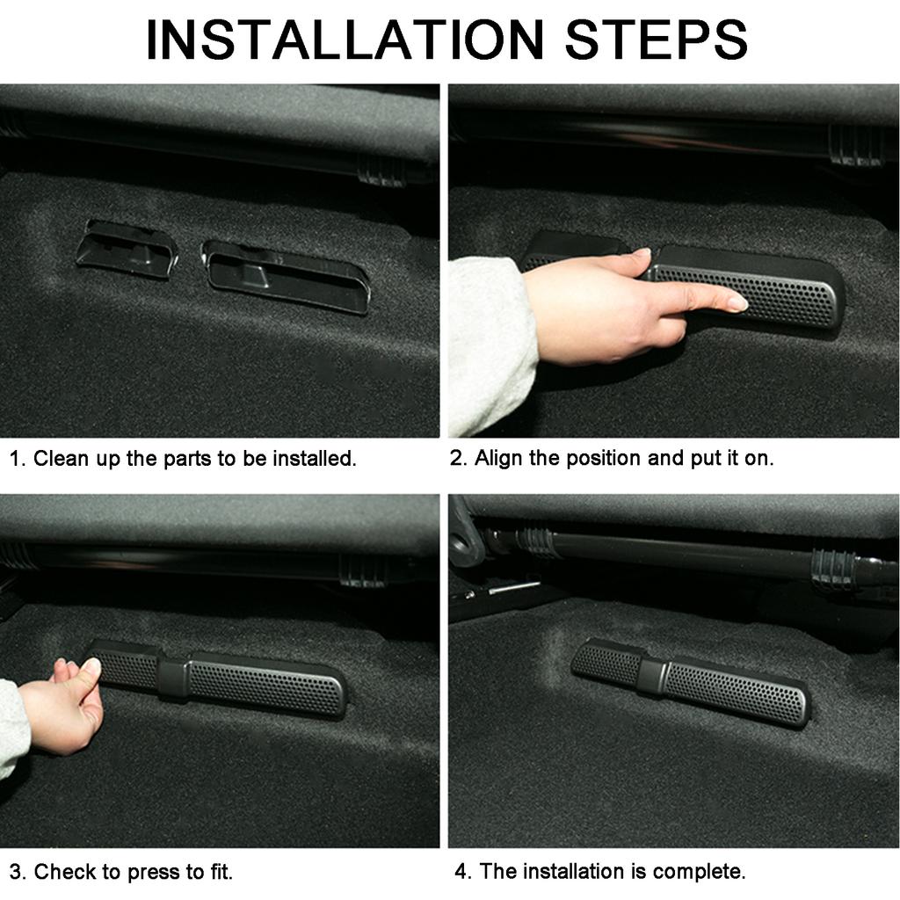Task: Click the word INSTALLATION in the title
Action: [x=345, y=40]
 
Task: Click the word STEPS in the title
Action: [x=657, y=40]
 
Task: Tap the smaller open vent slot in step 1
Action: [x=127, y=250]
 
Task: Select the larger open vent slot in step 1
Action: [x=286, y=276]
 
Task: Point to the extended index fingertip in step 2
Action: [x=739, y=302]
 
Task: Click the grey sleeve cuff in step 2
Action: [x=490, y=345]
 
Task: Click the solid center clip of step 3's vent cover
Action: [x=173, y=679]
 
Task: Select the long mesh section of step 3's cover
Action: [x=265, y=686]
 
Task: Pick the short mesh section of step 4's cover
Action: [x=607, y=663]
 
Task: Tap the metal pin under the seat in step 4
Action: [x=514, y=587]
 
